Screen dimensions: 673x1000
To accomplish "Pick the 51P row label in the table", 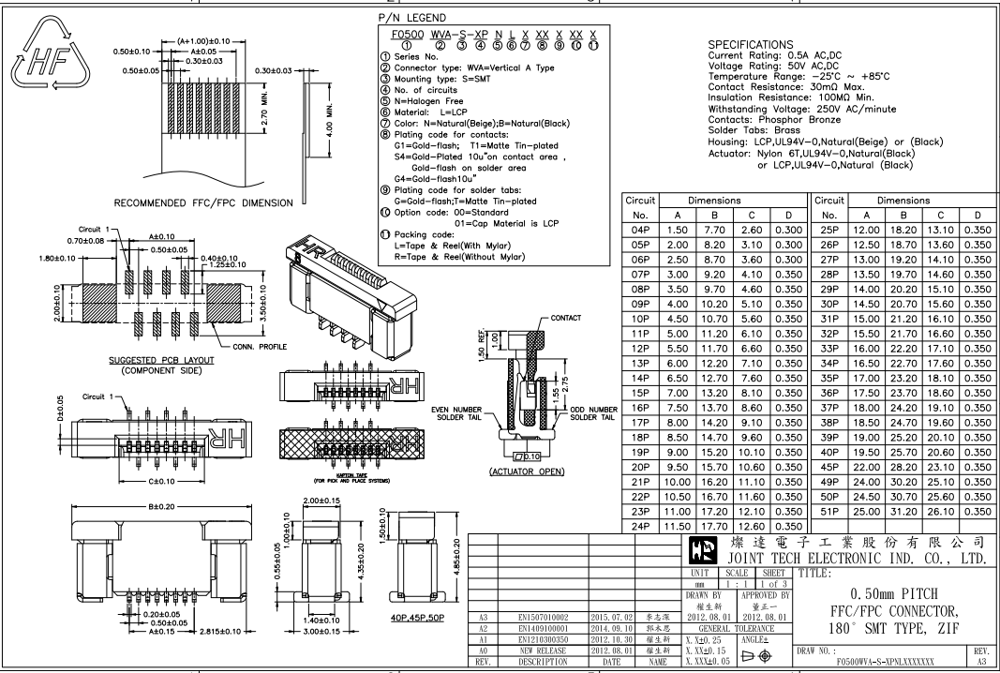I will click(828, 511).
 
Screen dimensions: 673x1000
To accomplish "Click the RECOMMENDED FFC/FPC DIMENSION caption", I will click(189, 202).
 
